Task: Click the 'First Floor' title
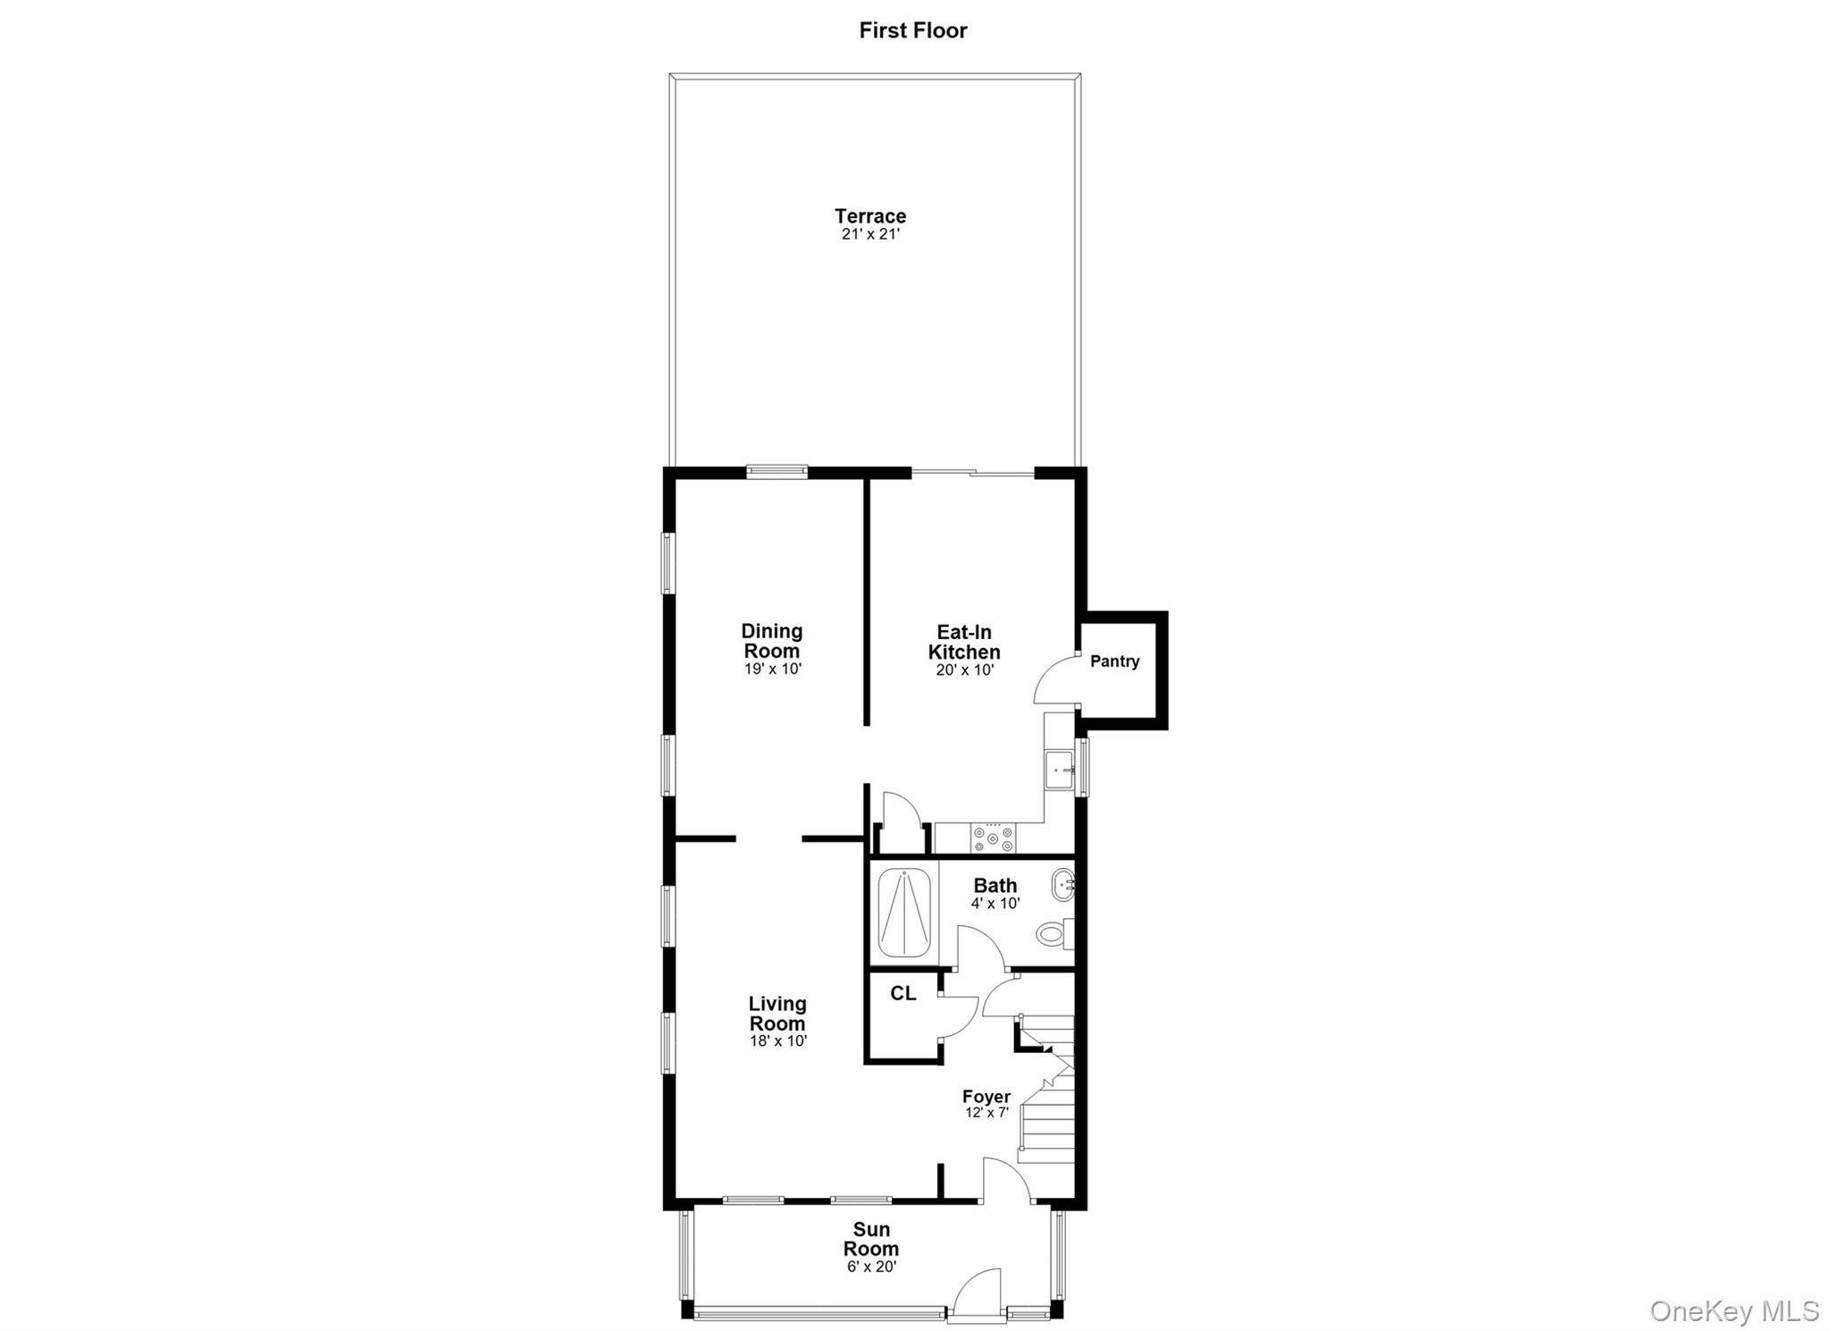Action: pos(912,30)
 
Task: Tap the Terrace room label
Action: pos(870,215)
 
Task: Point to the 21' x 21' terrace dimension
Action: pos(870,235)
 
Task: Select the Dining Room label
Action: pos(772,641)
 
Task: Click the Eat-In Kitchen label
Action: pos(964,642)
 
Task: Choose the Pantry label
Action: pos(1114,661)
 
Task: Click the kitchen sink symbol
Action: pos(1060,769)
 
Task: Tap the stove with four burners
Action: pos(994,838)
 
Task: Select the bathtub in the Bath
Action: pos(904,913)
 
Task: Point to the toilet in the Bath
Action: pos(1054,935)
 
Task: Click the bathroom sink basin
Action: pos(1062,885)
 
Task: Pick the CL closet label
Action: pos(902,993)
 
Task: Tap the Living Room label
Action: pos(777,1014)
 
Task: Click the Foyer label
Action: pos(986,1097)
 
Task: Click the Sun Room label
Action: pos(871,1239)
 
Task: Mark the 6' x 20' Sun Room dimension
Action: pos(871,1267)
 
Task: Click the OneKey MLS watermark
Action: pos(1734,1311)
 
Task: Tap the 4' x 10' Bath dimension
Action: pos(995,904)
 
